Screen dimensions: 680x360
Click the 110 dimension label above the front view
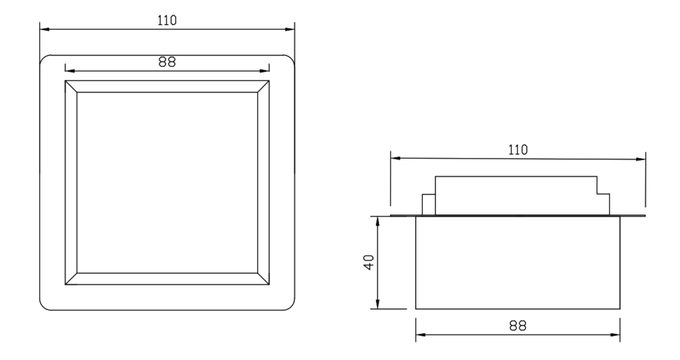pos(167,21)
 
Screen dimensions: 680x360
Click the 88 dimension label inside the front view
pos(167,62)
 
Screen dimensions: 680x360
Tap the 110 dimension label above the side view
pos(518,149)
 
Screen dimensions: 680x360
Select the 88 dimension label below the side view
pos(518,325)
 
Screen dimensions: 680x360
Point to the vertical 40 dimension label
pos(369,262)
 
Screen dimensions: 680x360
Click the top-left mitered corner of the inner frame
pos(71,86)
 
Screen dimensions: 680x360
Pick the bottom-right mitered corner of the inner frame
pos(263,279)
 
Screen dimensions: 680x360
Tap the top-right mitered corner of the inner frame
pos(263,86)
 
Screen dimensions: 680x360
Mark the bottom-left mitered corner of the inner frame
pos(71,279)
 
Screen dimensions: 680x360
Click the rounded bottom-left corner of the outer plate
pos(42,307)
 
